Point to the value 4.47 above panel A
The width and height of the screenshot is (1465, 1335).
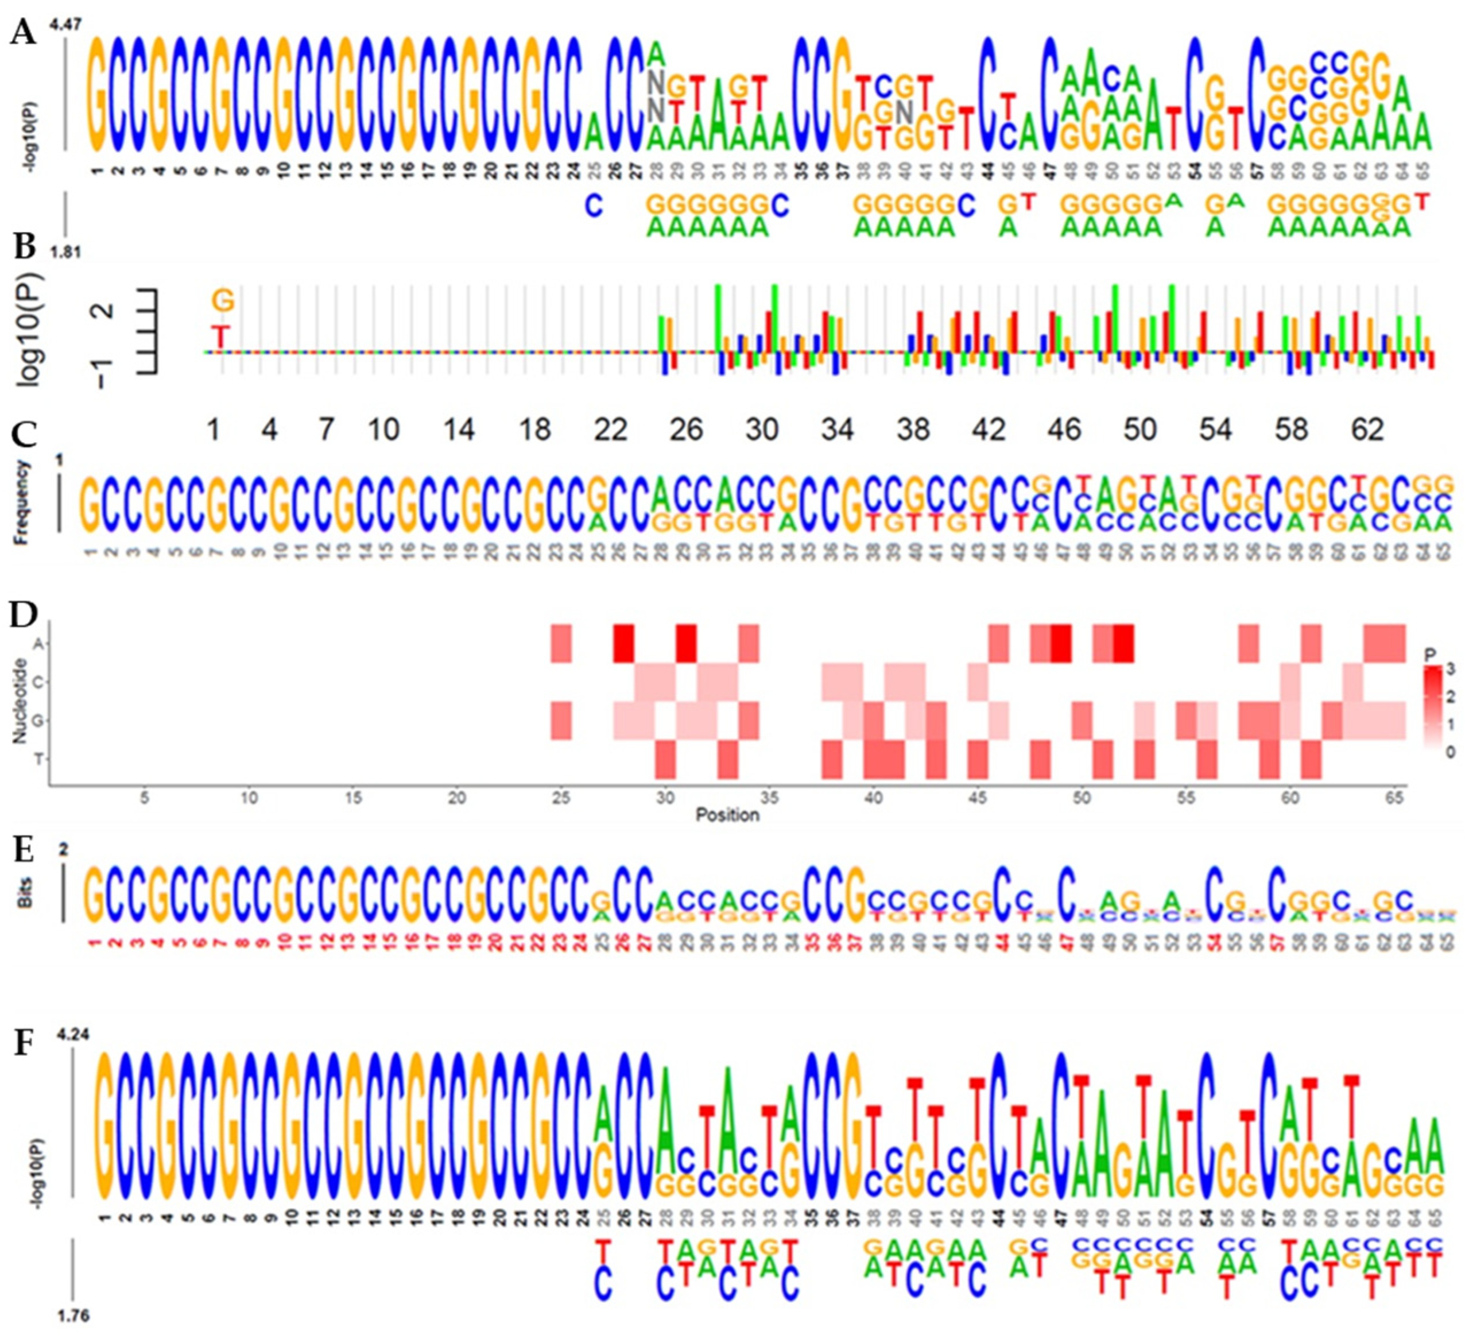(65, 25)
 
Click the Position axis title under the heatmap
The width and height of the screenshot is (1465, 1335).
(727, 815)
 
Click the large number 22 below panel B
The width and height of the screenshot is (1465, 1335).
(610, 430)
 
